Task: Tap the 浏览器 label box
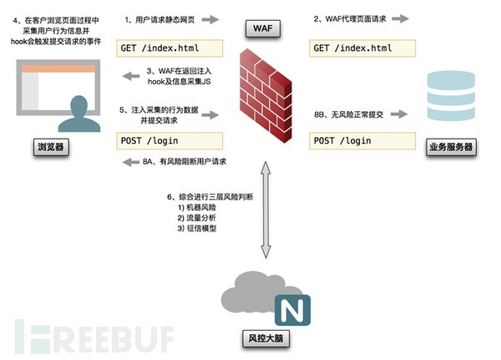(x=50, y=148)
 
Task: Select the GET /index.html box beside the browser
(x=170, y=48)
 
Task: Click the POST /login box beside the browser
(x=170, y=139)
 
